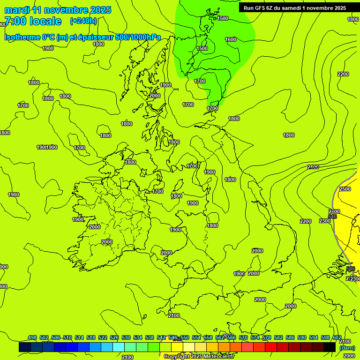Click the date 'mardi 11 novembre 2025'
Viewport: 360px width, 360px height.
click(58, 10)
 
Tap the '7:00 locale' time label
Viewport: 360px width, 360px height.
click(32, 21)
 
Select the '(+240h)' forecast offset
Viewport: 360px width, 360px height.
click(83, 21)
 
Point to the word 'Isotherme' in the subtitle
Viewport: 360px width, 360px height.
click(22, 37)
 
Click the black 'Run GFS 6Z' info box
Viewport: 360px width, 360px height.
click(294, 7)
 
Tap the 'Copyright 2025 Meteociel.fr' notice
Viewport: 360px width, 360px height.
click(199, 356)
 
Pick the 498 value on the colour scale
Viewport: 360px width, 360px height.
click(32, 338)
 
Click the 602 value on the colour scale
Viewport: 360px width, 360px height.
click(337, 338)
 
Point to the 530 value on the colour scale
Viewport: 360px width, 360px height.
click(126, 338)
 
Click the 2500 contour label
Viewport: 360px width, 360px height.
click(345, 189)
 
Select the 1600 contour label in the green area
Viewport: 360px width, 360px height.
click(231, 40)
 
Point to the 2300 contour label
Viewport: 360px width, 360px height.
click(324, 221)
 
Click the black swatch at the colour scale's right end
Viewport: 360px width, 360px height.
click(330, 347)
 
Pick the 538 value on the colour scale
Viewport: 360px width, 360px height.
click(150, 338)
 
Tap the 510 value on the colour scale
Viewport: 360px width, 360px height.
click(67, 338)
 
